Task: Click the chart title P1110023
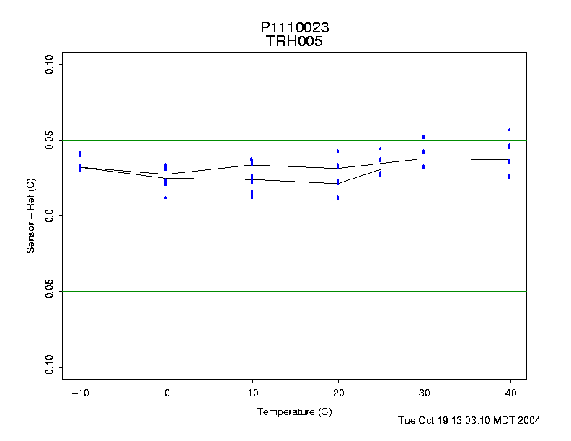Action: click(295, 27)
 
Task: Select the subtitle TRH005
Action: click(295, 41)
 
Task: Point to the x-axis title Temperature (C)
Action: click(294, 411)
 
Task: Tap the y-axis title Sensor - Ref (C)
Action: click(31, 215)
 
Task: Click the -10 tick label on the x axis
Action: click(80, 393)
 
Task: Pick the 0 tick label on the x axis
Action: click(167, 393)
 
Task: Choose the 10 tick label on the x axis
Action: click(252, 393)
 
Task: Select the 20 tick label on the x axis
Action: click(338, 393)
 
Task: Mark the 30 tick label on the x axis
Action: click(424, 393)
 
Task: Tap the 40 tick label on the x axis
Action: click(510, 393)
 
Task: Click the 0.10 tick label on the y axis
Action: click(50, 65)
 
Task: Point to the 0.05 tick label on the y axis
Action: click(50, 141)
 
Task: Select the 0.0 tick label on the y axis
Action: click(50, 216)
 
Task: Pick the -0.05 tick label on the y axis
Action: click(50, 292)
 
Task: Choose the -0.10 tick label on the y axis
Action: click(50, 367)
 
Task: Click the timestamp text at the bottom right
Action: click(469, 420)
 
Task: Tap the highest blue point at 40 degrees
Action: click(510, 130)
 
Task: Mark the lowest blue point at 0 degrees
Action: click(166, 197)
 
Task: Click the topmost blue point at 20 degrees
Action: click(338, 151)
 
